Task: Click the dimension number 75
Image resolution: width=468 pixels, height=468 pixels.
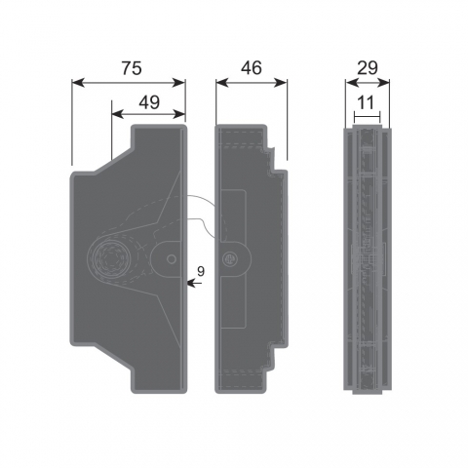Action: (x=132, y=68)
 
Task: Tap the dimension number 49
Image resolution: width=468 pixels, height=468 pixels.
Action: (x=149, y=102)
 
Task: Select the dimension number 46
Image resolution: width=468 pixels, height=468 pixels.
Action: (x=252, y=68)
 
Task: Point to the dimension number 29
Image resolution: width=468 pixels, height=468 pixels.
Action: (x=368, y=68)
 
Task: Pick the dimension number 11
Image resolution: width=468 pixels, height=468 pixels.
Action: (x=367, y=102)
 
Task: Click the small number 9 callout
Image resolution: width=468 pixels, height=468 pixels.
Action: (x=201, y=271)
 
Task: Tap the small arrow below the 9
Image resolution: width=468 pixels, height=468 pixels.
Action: (x=195, y=284)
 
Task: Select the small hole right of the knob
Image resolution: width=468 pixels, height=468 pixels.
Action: (x=172, y=259)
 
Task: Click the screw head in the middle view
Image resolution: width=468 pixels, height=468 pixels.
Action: (x=230, y=259)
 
